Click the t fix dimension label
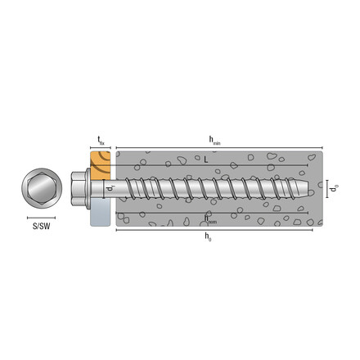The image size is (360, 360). coord(101,141)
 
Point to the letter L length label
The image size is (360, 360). coord(205,160)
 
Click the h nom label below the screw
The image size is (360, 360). coord(211,218)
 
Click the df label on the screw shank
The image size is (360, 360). coord(110,190)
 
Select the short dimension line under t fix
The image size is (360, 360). coord(101,149)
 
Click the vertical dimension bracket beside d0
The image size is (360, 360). coord(325,190)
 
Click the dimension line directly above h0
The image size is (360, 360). coord(214,230)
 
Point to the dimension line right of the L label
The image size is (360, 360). coord(262,164)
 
